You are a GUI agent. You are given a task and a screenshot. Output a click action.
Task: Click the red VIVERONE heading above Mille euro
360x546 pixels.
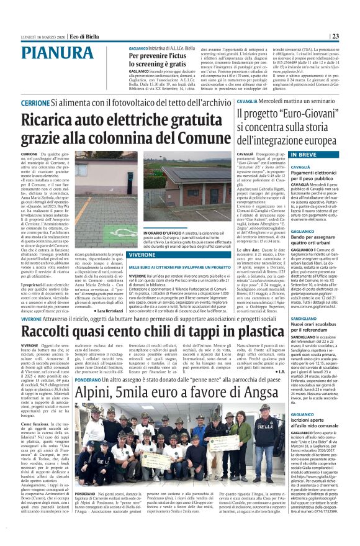pos(148,254)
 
